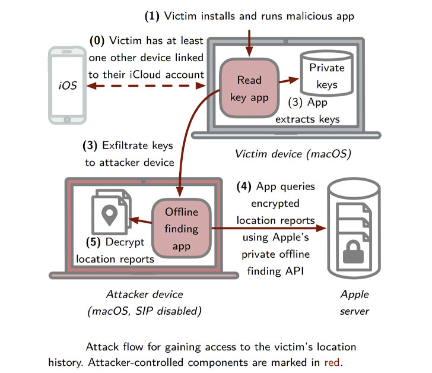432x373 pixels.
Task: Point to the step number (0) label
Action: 97,41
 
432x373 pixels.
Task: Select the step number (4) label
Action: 246,187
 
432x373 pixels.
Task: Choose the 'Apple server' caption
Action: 355,302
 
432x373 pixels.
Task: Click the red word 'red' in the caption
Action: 333,361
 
